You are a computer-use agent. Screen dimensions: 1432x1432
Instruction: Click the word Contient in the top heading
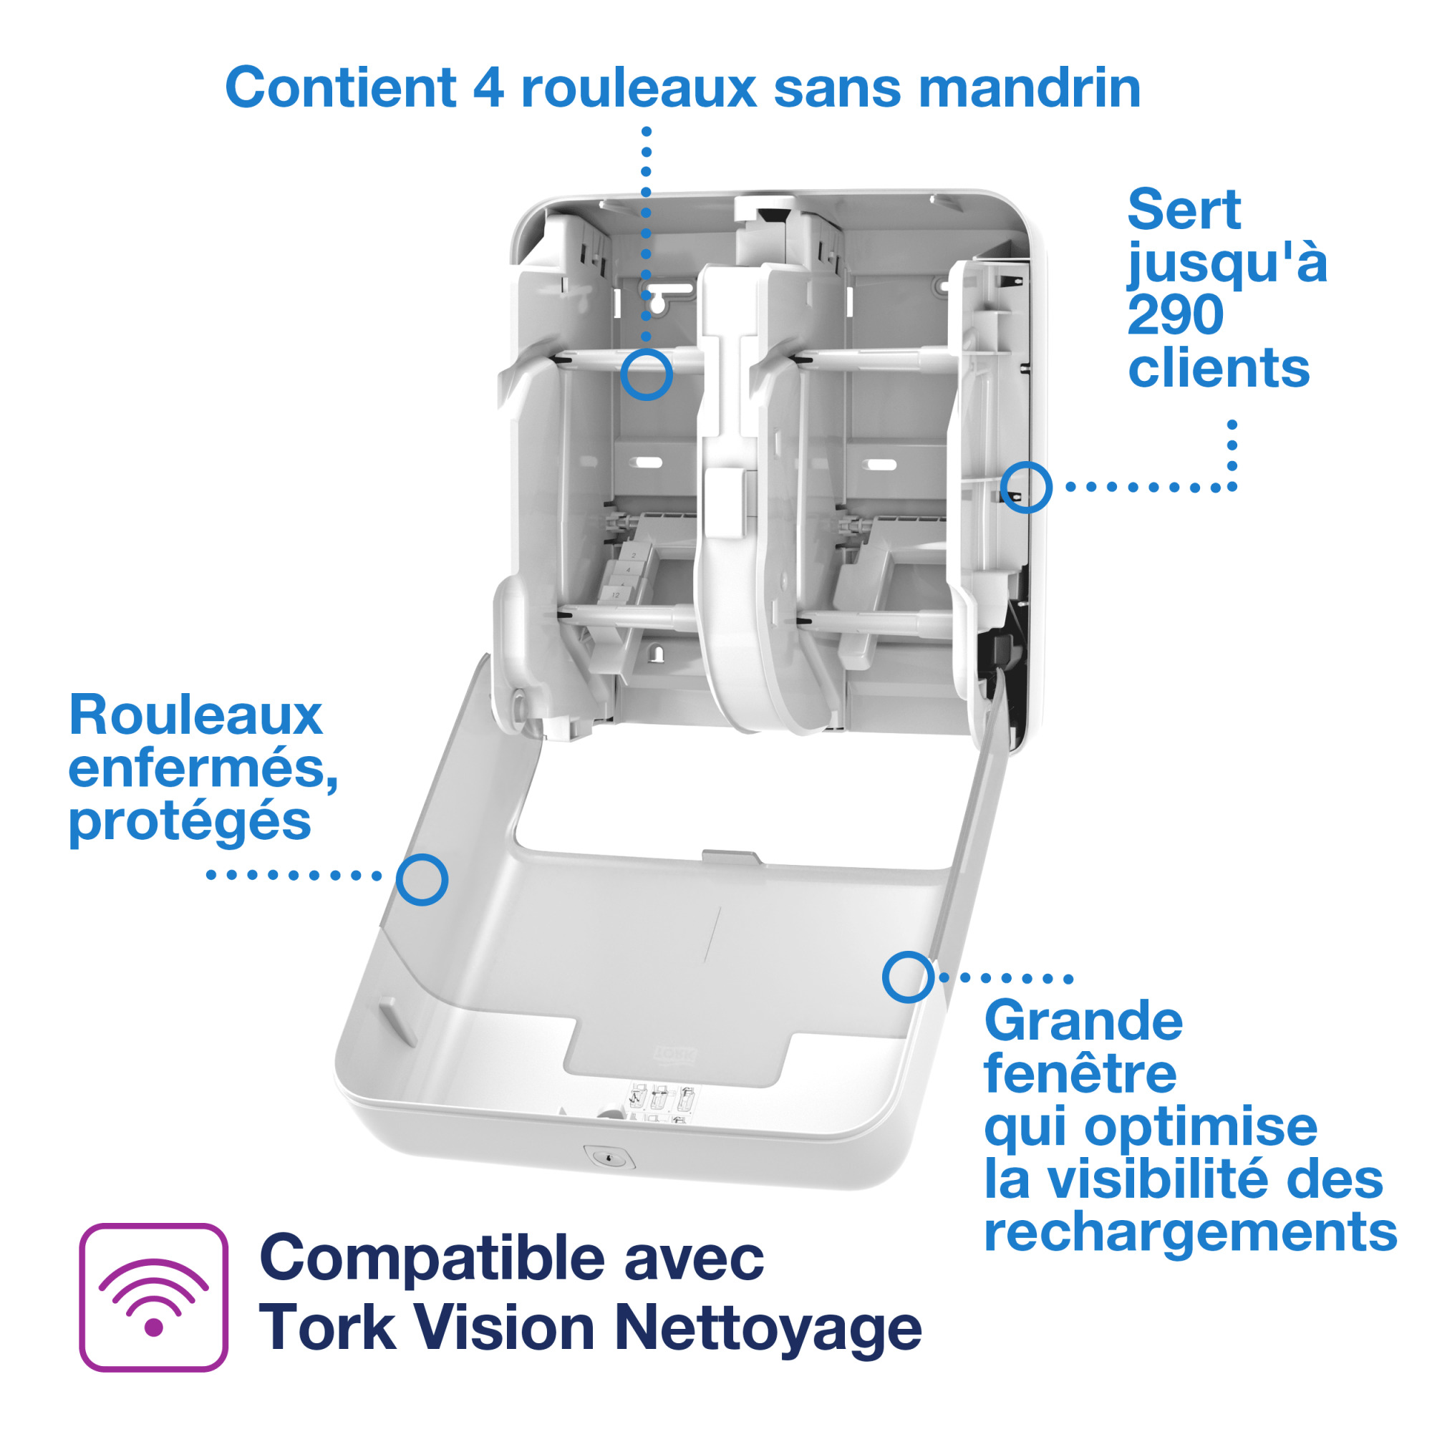click(340, 87)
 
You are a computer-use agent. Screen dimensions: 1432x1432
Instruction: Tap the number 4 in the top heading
click(488, 87)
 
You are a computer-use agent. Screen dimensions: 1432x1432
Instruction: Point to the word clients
click(1219, 367)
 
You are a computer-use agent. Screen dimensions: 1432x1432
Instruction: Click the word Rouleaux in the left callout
click(195, 715)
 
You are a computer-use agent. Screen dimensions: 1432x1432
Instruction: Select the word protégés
click(190, 821)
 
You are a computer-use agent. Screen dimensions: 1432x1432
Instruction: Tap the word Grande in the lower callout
click(1083, 1022)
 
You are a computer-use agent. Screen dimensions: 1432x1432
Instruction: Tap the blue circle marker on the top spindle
click(647, 374)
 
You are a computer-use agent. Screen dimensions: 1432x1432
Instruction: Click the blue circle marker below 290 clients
click(1026, 487)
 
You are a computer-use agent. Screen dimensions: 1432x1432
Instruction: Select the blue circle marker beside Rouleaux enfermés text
click(422, 880)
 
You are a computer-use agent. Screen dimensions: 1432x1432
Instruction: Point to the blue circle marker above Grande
click(908, 977)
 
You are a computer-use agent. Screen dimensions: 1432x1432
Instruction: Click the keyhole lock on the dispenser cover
click(609, 1158)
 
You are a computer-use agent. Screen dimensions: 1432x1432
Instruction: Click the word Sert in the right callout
click(1184, 210)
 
